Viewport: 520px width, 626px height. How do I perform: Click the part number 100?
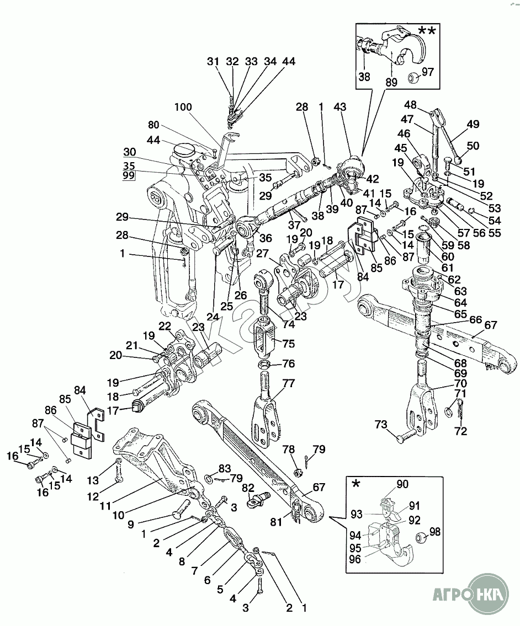point(184,106)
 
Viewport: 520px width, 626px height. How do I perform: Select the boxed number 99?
point(129,176)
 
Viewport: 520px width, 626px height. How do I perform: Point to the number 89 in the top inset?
point(391,83)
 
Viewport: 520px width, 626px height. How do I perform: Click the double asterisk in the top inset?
point(427,31)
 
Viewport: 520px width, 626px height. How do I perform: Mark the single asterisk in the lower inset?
point(357,484)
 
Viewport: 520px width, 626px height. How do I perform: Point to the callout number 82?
point(248,487)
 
